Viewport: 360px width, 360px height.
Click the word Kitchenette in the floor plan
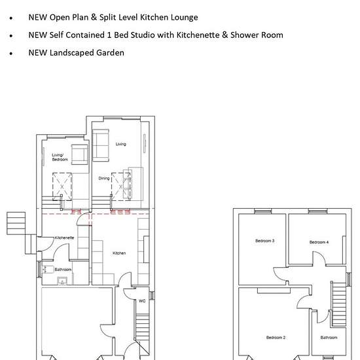click(x=64, y=238)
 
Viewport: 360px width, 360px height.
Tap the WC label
click(x=142, y=301)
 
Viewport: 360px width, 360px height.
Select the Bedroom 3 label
click(x=264, y=241)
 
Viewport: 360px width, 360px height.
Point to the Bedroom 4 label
click(x=319, y=242)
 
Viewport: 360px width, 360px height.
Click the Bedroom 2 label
click(x=276, y=337)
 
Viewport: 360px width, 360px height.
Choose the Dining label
click(x=104, y=178)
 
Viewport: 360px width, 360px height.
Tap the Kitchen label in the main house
click(x=119, y=253)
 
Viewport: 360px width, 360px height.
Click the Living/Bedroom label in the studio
click(x=60, y=157)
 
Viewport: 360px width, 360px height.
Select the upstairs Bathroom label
click(x=329, y=337)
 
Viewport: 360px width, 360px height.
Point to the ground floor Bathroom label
click(x=63, y=269)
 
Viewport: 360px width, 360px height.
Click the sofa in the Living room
click(x=101, y=145)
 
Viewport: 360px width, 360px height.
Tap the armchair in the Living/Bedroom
click(x=80, y=154)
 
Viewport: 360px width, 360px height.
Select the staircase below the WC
click(x=142, y=327)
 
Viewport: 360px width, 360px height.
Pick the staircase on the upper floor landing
click(x=339, y=304)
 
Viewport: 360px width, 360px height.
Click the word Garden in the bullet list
click(x=110, y=53)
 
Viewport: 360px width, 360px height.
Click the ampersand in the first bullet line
click(x=94, y=17)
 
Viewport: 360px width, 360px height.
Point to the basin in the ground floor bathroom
click(x=62, y=281)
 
